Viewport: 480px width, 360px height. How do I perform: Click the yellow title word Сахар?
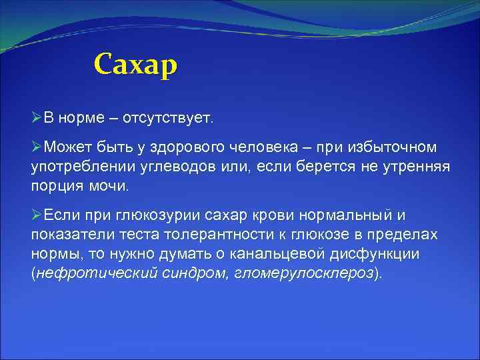pos(136,65)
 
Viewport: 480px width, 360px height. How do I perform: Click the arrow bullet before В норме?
pos(37,118)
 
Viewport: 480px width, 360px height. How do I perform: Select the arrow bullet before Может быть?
pos(37,146)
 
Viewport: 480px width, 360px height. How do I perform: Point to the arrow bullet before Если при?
pos(37,215)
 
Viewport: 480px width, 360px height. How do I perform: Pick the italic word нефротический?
pos(81,274)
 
